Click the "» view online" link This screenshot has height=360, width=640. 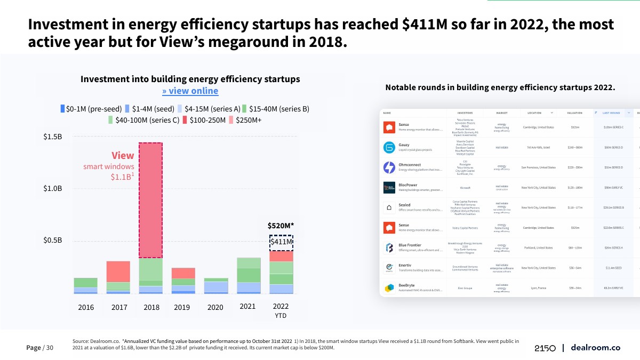(x=190, y=91)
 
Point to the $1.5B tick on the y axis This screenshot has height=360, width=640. (x=53, y=137)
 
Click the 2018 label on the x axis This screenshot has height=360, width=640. (x=151, y=307)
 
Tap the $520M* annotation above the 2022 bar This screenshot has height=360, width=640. (x=281, y=226)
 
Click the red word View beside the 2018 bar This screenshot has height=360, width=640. (x=123, y=156)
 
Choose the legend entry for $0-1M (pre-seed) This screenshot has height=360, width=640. (x=91, y=109)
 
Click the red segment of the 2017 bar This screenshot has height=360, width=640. (x=118, y=271)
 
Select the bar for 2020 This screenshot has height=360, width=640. (x=215, y=286)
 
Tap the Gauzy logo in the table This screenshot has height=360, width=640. (x=389, y=148)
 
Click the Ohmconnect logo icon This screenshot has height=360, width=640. (x=389, y=167)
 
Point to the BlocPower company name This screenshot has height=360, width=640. (x=408, y=185)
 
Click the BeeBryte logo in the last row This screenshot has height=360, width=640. (x=389, y=288)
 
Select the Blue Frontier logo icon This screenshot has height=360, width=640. (x=389, y=247)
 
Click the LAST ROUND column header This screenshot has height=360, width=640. (x=611, y=113)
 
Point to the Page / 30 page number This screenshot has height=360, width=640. (x=40, y=348)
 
